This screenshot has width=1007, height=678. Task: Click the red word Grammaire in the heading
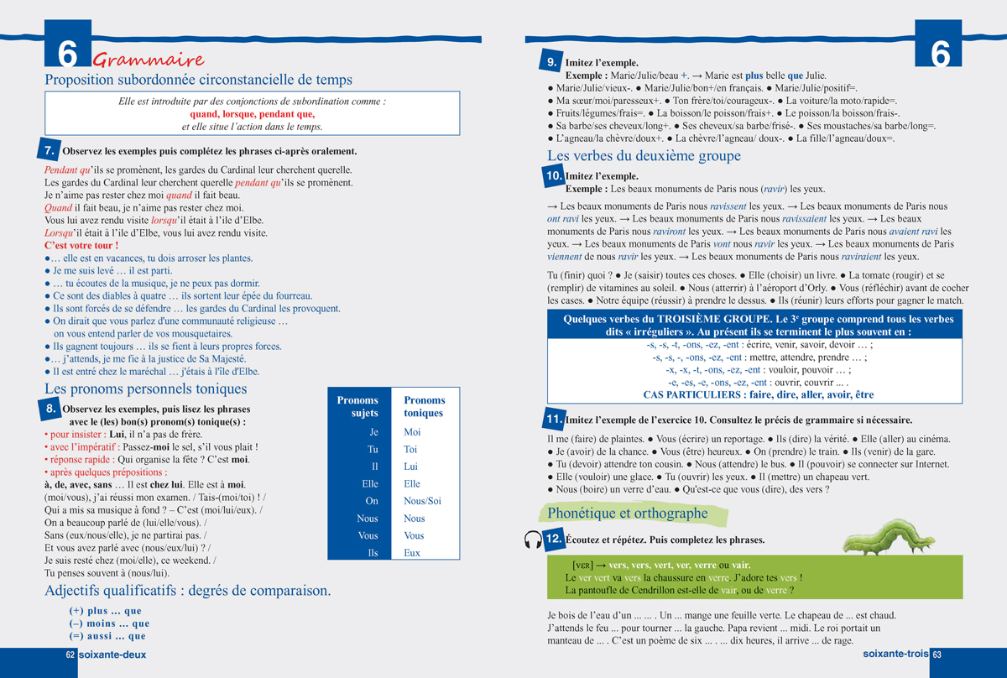(149, 60)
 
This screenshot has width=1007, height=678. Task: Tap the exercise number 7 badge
(50, 151)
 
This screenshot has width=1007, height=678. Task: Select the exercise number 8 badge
(50, 409)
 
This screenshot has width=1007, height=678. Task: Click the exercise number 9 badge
(553, 62)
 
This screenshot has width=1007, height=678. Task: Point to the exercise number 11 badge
(553, 419)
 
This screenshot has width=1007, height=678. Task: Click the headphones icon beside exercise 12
(531, 540)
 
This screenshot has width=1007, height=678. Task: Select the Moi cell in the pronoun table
(412, 432)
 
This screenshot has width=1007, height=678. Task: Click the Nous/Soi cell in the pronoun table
(422, 501)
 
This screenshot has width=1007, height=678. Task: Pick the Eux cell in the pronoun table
(412, 553)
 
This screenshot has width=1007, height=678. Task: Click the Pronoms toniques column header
(425, 407)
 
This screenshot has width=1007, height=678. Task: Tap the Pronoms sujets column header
(358, 407)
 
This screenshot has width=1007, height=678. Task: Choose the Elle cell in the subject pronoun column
(369, 484)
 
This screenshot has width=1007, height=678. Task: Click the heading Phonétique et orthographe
(628, 513)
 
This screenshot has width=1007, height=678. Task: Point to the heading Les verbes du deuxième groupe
(644, 156)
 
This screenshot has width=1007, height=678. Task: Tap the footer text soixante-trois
(895, 655)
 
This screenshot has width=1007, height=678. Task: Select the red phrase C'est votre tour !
(81, 245)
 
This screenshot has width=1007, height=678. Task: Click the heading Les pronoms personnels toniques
(145, 389)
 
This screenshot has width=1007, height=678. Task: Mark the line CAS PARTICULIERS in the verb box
(758, 394)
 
